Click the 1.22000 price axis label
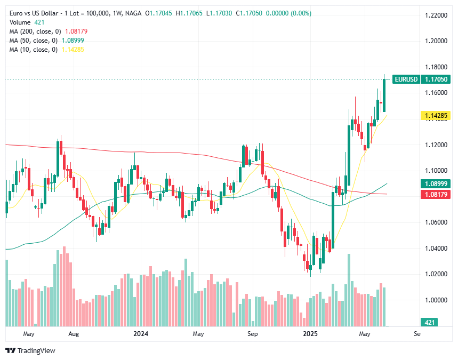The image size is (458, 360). click(435, 16)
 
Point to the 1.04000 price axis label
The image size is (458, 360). click(435, 248)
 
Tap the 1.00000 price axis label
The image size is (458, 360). click(435, 300)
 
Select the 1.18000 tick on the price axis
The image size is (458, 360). click(435, 67)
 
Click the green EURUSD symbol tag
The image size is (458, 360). click(405, 79)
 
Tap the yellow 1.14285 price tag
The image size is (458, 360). click(436, 115)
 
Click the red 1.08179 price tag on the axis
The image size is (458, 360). click(436, 195)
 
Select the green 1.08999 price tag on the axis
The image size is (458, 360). click(436, 183)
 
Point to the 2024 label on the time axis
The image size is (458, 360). click(141, 334)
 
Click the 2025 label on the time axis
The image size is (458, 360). click(310, 334)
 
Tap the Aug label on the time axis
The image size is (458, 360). click(74, 334)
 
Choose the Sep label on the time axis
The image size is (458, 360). click(253, 334)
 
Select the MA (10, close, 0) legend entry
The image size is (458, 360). click(47, 50)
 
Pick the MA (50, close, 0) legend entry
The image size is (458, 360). click(47, 41)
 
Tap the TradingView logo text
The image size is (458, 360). click(36, 350)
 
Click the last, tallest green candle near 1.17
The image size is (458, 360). click(384, 95)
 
